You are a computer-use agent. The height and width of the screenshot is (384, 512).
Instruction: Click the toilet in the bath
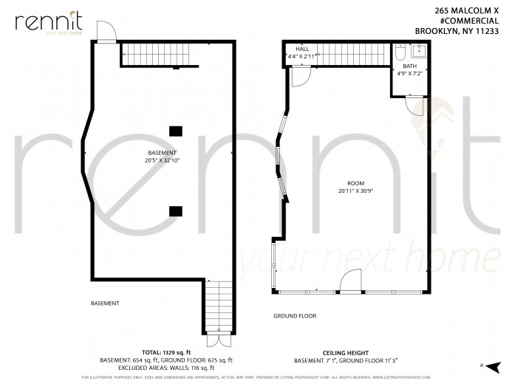click(399, 54)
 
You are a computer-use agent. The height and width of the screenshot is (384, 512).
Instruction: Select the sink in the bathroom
click(417, 52)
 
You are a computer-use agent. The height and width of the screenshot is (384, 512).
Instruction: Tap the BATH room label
click(409, 66)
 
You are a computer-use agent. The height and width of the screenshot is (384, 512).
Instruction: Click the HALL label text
click(302, 49)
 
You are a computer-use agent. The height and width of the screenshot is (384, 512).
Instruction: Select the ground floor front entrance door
click(351, 281)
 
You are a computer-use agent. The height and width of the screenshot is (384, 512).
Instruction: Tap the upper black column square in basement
click(176, 131)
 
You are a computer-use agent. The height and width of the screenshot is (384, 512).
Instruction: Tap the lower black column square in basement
click(176, 210)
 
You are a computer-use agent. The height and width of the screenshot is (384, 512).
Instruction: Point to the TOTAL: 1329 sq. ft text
click(166, 352)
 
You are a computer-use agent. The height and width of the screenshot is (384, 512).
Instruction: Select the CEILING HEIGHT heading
click(346, 352)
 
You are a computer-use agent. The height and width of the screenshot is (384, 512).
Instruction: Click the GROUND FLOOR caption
click(295, 316)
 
